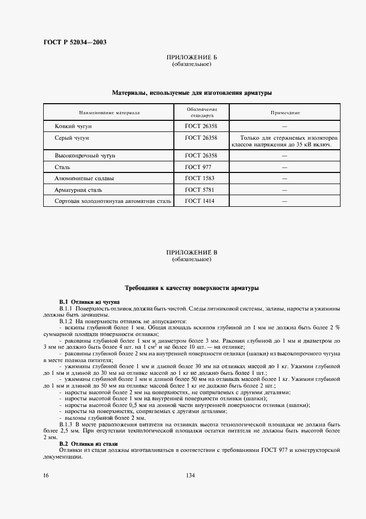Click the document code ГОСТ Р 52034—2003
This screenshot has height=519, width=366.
[75, 42]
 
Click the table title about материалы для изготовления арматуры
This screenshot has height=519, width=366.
[192, 93]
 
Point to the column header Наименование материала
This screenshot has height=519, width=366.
[109, 113]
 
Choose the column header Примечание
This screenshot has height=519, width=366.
[285, 113]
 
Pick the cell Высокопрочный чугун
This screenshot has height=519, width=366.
[85, 156]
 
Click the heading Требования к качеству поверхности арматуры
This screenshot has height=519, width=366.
[192, 288]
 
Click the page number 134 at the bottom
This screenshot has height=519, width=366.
[192, 476]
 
